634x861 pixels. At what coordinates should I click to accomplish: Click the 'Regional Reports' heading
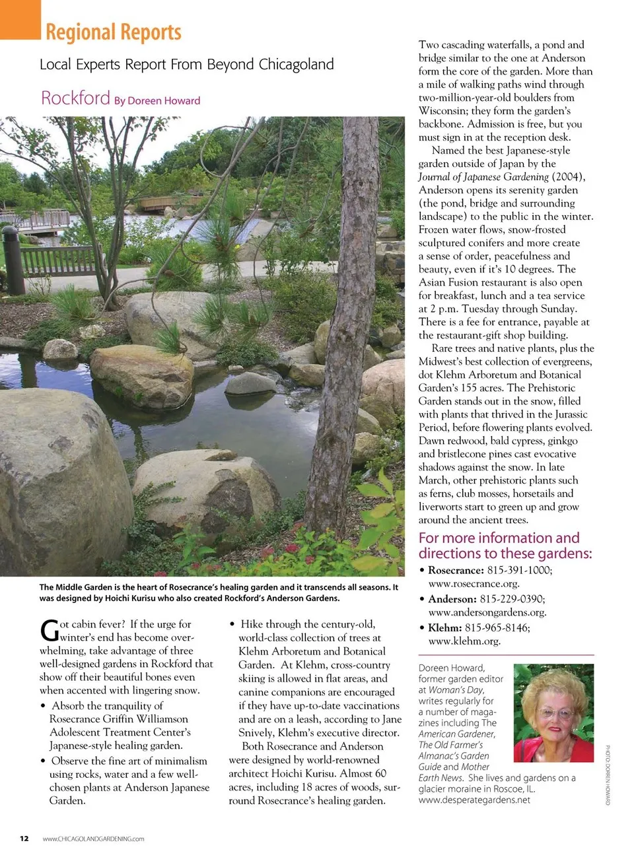pyautogui.click(x=114, y=32)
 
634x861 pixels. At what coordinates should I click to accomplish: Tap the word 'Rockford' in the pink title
pyautogui.click(x=75, y=98)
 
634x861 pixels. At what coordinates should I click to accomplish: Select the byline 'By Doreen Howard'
pyautogui.click(x=157, y=101)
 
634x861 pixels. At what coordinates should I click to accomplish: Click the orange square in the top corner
pyautogui.click(x=20, y=18)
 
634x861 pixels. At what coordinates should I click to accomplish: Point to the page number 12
pyautogui.click(x=24, y=839)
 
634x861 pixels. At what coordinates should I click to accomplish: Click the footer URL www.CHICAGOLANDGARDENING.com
pyautogui.click(x=93, y=839)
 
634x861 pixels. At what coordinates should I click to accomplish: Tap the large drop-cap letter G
pyautogui.click(x=49, y=631)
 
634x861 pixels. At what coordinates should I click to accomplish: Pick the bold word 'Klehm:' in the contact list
pyautogui.click(x=444, y=628)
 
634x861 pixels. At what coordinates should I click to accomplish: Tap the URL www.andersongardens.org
pyautogui.click(x=487, y=612)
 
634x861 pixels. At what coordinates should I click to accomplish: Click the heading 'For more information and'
pyautogui.click(x=499, y=538)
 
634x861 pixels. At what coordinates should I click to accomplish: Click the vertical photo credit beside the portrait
pyautogui.click(x=608, y=775)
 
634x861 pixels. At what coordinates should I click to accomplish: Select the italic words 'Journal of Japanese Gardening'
pyautogui.click(x=483, y=177)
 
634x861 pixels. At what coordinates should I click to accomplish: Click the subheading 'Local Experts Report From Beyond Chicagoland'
pyautogui.click(x=187, y=65)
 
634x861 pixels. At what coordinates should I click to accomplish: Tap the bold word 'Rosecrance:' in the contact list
pyautogui.click(x=456, y=570)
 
